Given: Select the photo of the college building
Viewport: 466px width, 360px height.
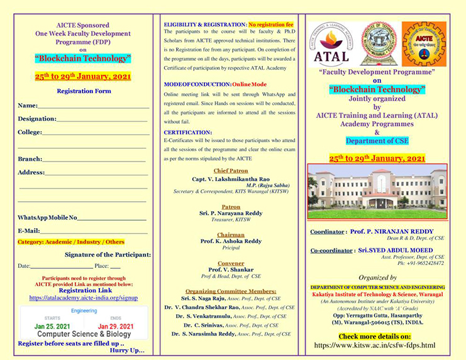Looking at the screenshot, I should (377, 191).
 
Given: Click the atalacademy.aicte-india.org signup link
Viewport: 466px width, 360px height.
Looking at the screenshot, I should (83, 298).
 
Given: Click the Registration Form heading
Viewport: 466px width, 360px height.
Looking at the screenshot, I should (84, 91).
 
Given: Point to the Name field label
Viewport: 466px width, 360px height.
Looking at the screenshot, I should (28, 105).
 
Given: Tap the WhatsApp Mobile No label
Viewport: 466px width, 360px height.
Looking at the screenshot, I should (47, 217).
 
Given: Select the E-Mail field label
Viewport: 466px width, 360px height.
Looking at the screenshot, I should (29, 231).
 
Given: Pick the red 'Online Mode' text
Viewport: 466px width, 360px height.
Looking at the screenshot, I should (249, 84).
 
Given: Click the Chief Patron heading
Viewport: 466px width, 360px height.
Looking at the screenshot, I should (230, 170).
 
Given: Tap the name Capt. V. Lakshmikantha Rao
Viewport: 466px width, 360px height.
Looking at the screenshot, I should (230, 178).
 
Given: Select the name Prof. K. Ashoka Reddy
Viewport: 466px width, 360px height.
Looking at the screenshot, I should (230, 241).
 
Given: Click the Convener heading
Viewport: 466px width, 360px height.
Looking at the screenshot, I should (230, 263).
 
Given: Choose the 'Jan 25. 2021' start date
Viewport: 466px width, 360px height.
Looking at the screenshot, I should (53, 326).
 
